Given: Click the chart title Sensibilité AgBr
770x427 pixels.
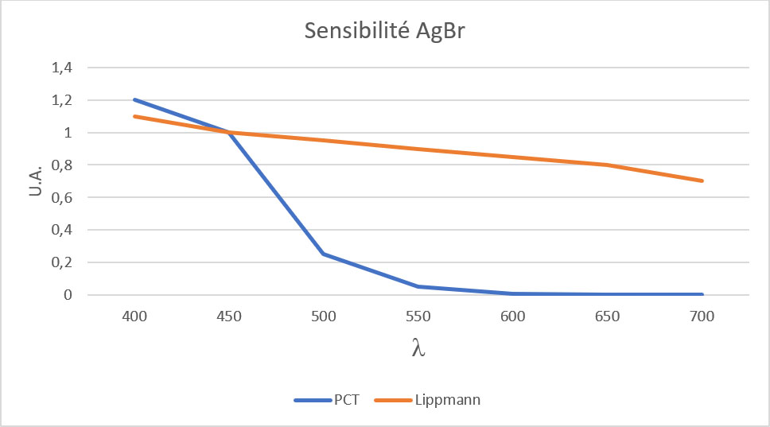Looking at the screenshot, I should (385, 31).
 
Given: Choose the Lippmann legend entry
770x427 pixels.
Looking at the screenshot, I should (447, 400).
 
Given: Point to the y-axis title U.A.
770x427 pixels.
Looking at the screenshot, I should (35, 181).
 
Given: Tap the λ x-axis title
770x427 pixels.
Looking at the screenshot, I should (418, 348).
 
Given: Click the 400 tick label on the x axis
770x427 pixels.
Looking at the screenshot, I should (134, 316).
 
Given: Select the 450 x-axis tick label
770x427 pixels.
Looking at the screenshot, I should (229, 316).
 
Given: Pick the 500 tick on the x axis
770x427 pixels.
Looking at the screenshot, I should (324, 316).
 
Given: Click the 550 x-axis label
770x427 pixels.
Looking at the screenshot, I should (418, 316).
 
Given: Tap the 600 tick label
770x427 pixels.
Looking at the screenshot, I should (513, 316).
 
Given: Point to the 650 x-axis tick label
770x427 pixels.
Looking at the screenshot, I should (608, 316).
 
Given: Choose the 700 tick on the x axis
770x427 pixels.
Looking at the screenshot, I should (702, 316).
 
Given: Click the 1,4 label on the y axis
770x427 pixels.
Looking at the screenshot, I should (62, 68).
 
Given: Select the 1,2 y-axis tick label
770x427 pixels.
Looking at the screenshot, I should (62, 101).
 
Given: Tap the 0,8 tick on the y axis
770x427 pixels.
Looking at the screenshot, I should (62, 165).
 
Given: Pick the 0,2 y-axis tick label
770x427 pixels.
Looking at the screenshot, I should (62, 262).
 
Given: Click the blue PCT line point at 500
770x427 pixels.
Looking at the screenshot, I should (324, 254).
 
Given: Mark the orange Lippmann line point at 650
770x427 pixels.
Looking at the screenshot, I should (608, 165).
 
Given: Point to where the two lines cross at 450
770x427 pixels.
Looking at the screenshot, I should (229, 133).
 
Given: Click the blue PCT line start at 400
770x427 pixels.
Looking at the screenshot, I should (134, 100).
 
